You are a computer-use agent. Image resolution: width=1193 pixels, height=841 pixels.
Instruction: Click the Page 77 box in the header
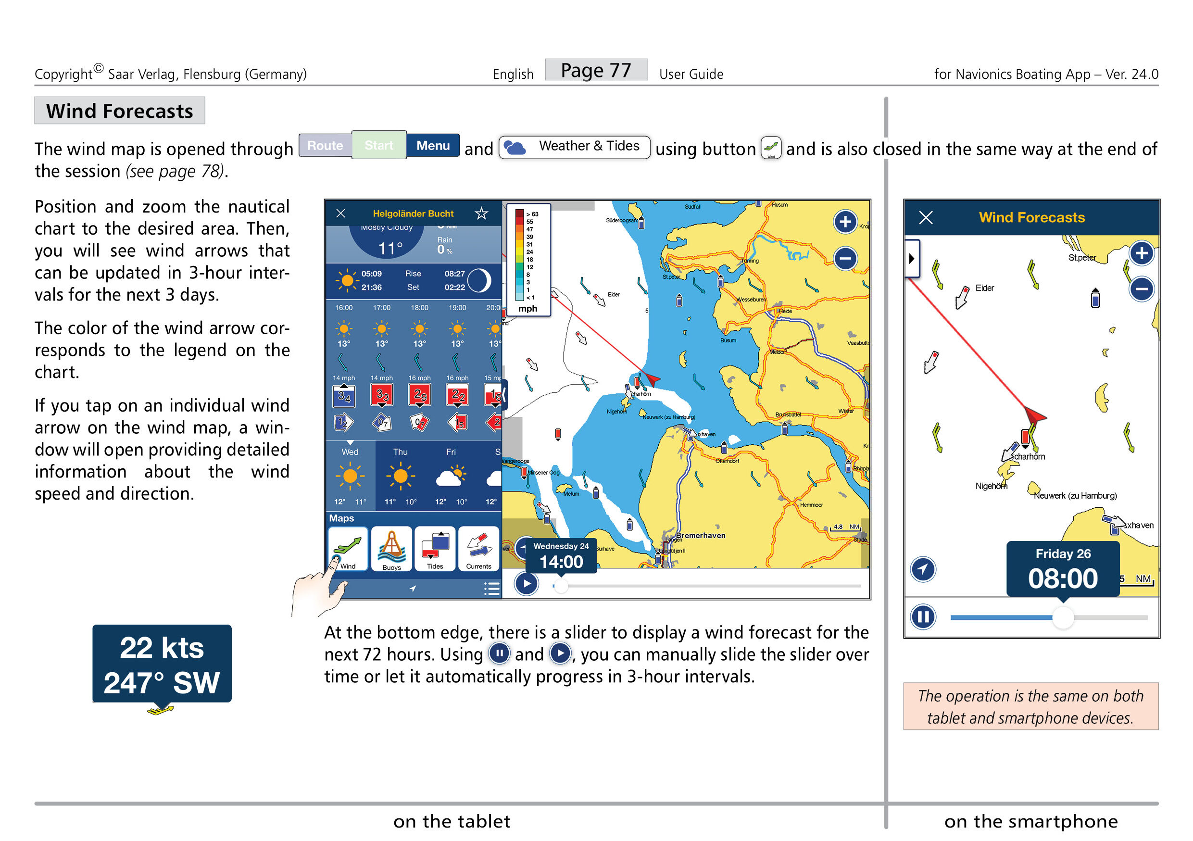pos(595,70)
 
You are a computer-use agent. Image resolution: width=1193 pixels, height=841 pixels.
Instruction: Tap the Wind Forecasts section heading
pos(120,111)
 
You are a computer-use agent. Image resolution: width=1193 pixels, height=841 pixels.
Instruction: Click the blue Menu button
pos(432,145)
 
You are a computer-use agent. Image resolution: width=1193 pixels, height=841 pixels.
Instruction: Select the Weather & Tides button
pos(574,147)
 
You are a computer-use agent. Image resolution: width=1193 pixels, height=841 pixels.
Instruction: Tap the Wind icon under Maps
pos(348,549)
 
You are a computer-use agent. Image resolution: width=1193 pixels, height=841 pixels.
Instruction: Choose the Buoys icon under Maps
pos(391,549)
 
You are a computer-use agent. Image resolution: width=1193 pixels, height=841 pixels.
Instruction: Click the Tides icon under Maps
pos(435,549)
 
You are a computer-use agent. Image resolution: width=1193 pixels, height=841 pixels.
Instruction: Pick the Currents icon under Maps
pos(478,549)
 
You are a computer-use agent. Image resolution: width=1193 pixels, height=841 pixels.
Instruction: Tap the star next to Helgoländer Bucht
pos(481,213)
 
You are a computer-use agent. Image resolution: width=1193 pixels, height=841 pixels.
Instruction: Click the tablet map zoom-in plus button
pos(845,222)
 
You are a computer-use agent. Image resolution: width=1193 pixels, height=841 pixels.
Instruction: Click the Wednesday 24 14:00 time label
pos(561,555)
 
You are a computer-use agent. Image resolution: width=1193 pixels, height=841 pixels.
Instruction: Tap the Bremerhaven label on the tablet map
pos(700,535)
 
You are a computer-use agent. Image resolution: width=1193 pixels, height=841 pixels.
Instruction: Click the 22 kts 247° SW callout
pos(162,664)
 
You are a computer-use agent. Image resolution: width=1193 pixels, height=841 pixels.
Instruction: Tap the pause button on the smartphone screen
pos(923,617)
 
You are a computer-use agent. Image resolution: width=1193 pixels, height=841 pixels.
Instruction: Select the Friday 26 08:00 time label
pos(1063,569)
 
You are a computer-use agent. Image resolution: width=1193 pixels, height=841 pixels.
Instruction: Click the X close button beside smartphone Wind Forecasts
pos(926,217)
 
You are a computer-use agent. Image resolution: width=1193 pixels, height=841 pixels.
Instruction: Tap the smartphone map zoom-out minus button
pos(1141,289)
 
